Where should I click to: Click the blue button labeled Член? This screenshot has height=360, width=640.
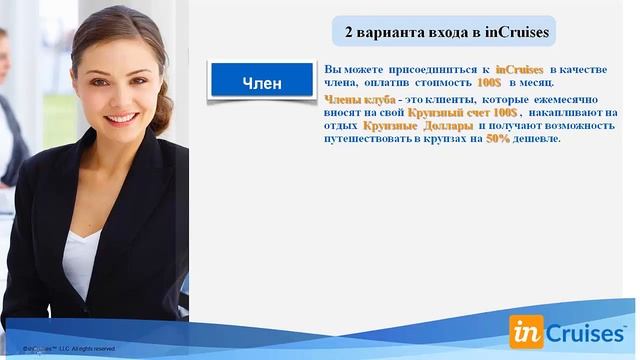262,82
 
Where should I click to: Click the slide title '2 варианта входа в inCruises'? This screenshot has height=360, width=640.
446,32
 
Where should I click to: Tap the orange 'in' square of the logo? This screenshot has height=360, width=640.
526,330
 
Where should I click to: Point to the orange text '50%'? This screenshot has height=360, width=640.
498,139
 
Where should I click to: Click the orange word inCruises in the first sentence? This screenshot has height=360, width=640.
519,65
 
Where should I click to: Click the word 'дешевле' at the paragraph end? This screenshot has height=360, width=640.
536,139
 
